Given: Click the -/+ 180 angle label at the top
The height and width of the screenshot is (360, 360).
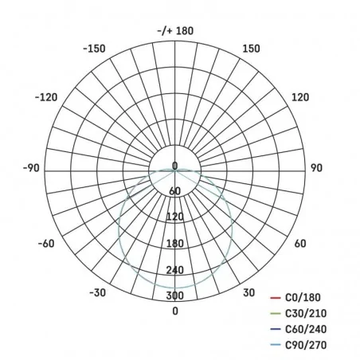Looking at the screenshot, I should pos(175,31).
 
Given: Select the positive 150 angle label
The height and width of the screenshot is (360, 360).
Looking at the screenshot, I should pos(251,48).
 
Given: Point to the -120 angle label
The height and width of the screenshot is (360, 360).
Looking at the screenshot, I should pos(46,97).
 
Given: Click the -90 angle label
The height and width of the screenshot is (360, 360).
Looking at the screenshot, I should pos(31,168).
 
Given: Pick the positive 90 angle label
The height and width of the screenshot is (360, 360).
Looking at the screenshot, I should pos(315,168).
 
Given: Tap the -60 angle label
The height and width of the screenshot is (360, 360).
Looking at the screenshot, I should pos(45,244).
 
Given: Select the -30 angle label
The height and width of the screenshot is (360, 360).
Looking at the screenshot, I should pos(97,293).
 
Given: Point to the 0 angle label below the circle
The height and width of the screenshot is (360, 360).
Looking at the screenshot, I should pos(175,311).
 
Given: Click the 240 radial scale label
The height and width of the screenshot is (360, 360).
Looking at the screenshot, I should pos(175,270).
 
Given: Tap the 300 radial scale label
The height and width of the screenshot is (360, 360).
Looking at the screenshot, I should pos(175,296).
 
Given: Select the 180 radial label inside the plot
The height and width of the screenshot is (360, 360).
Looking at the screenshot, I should pos(175,244).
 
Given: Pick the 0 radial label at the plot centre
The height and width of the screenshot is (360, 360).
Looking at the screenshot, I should pos(175,166).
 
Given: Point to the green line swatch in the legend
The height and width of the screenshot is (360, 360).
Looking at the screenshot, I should pos(275,312).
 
